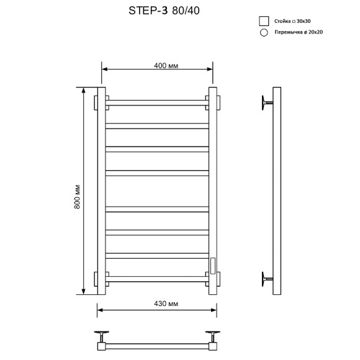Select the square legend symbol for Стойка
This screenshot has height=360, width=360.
pos(264,21)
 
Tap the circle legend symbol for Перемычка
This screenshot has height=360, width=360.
pos(264,33)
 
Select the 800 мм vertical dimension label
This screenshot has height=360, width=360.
pos(78,196)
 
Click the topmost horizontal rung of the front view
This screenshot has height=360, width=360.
pos(157,101)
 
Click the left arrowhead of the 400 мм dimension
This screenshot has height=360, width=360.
pos(104,69)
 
